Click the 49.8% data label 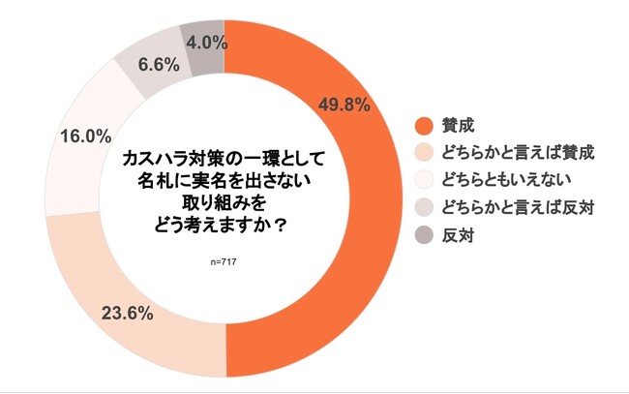click(x=344, y=106)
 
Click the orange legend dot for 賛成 click(x=423, y=125)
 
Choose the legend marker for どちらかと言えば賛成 click(x=423, y=152)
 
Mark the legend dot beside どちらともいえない click(x=423, y=180)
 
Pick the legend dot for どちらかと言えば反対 click(x=423, y=207)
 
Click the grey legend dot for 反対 click(x=423, y=235)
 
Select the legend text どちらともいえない click(x=506, y=180)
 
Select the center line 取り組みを click(x=224, y=204)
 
